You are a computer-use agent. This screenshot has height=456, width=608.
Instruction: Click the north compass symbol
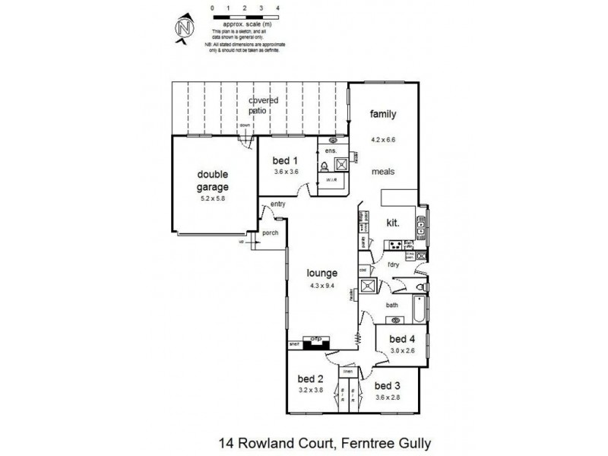coord(183,30)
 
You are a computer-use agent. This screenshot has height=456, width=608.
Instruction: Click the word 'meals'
coord(382,172)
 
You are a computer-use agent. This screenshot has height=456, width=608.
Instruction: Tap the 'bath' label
coord(391,306)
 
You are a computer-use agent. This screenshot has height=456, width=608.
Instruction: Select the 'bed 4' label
coord(401,338)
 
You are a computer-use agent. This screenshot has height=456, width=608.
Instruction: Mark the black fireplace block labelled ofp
coord(313,340)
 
